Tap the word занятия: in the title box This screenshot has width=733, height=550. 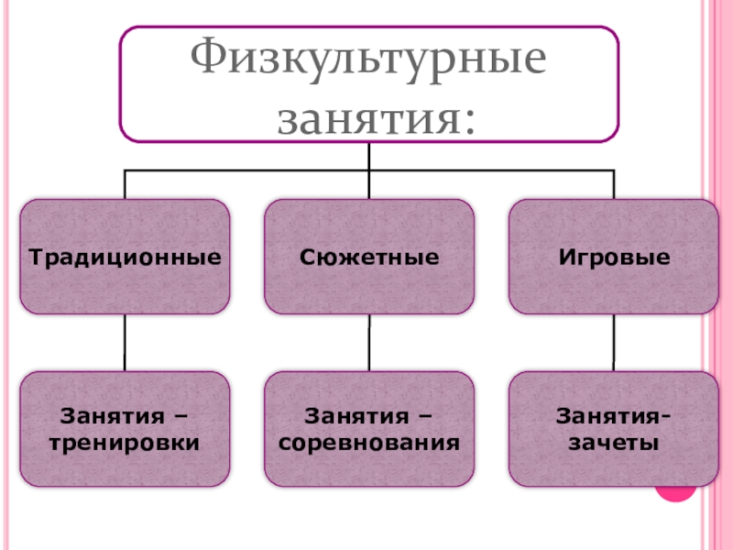coord(376,117)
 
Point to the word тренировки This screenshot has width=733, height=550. coord(125,443)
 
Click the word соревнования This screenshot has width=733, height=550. coord(369,443)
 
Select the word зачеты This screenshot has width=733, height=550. coord(613,443)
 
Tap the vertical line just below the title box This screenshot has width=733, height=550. coord(369,156)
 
